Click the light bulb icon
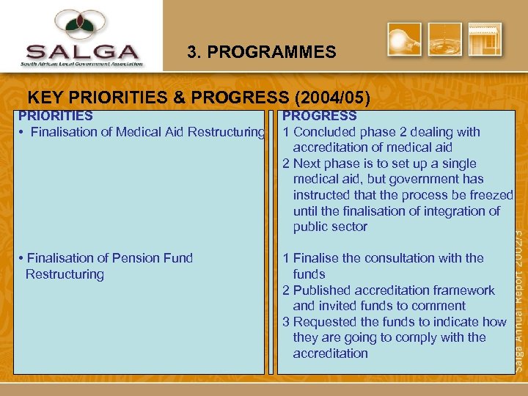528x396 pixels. pyautogui.click(x=405, y=40)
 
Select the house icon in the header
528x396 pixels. pyautogui.click(x=485, y=40)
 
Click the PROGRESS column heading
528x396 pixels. pyautogui.click(x=319, y=116)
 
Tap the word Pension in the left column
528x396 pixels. pyautogui.click(x=142, y=258)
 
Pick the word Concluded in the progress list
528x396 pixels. pyautogui.click(x=323, y=132)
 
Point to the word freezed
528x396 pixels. pyautogui.click(x=489, y=195)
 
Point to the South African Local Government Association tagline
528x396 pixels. pyautogui.click(x=81, y=64)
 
